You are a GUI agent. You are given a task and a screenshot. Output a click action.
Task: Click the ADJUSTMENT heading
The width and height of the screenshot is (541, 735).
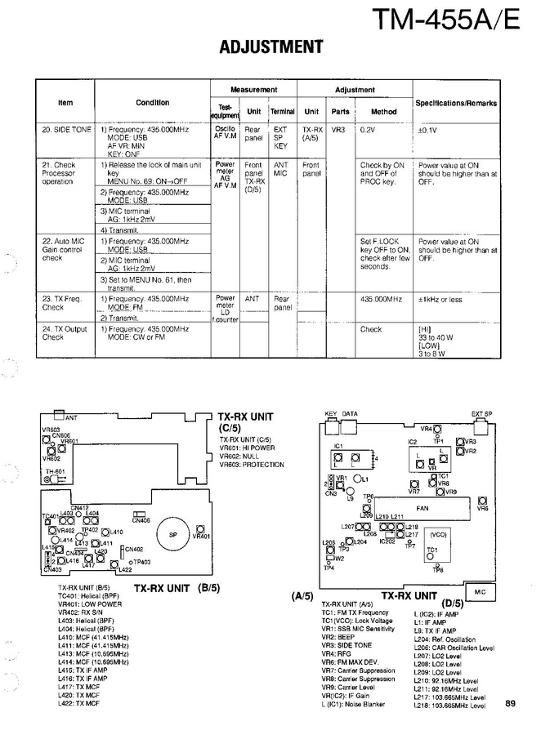[271, 47]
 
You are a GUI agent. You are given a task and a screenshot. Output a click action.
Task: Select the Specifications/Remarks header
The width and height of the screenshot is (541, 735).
[456, 104]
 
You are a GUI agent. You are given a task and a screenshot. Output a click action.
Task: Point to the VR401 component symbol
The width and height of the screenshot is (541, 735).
[199, 536]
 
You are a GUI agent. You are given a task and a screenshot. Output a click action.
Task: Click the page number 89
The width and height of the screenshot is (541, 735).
[510, 704]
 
